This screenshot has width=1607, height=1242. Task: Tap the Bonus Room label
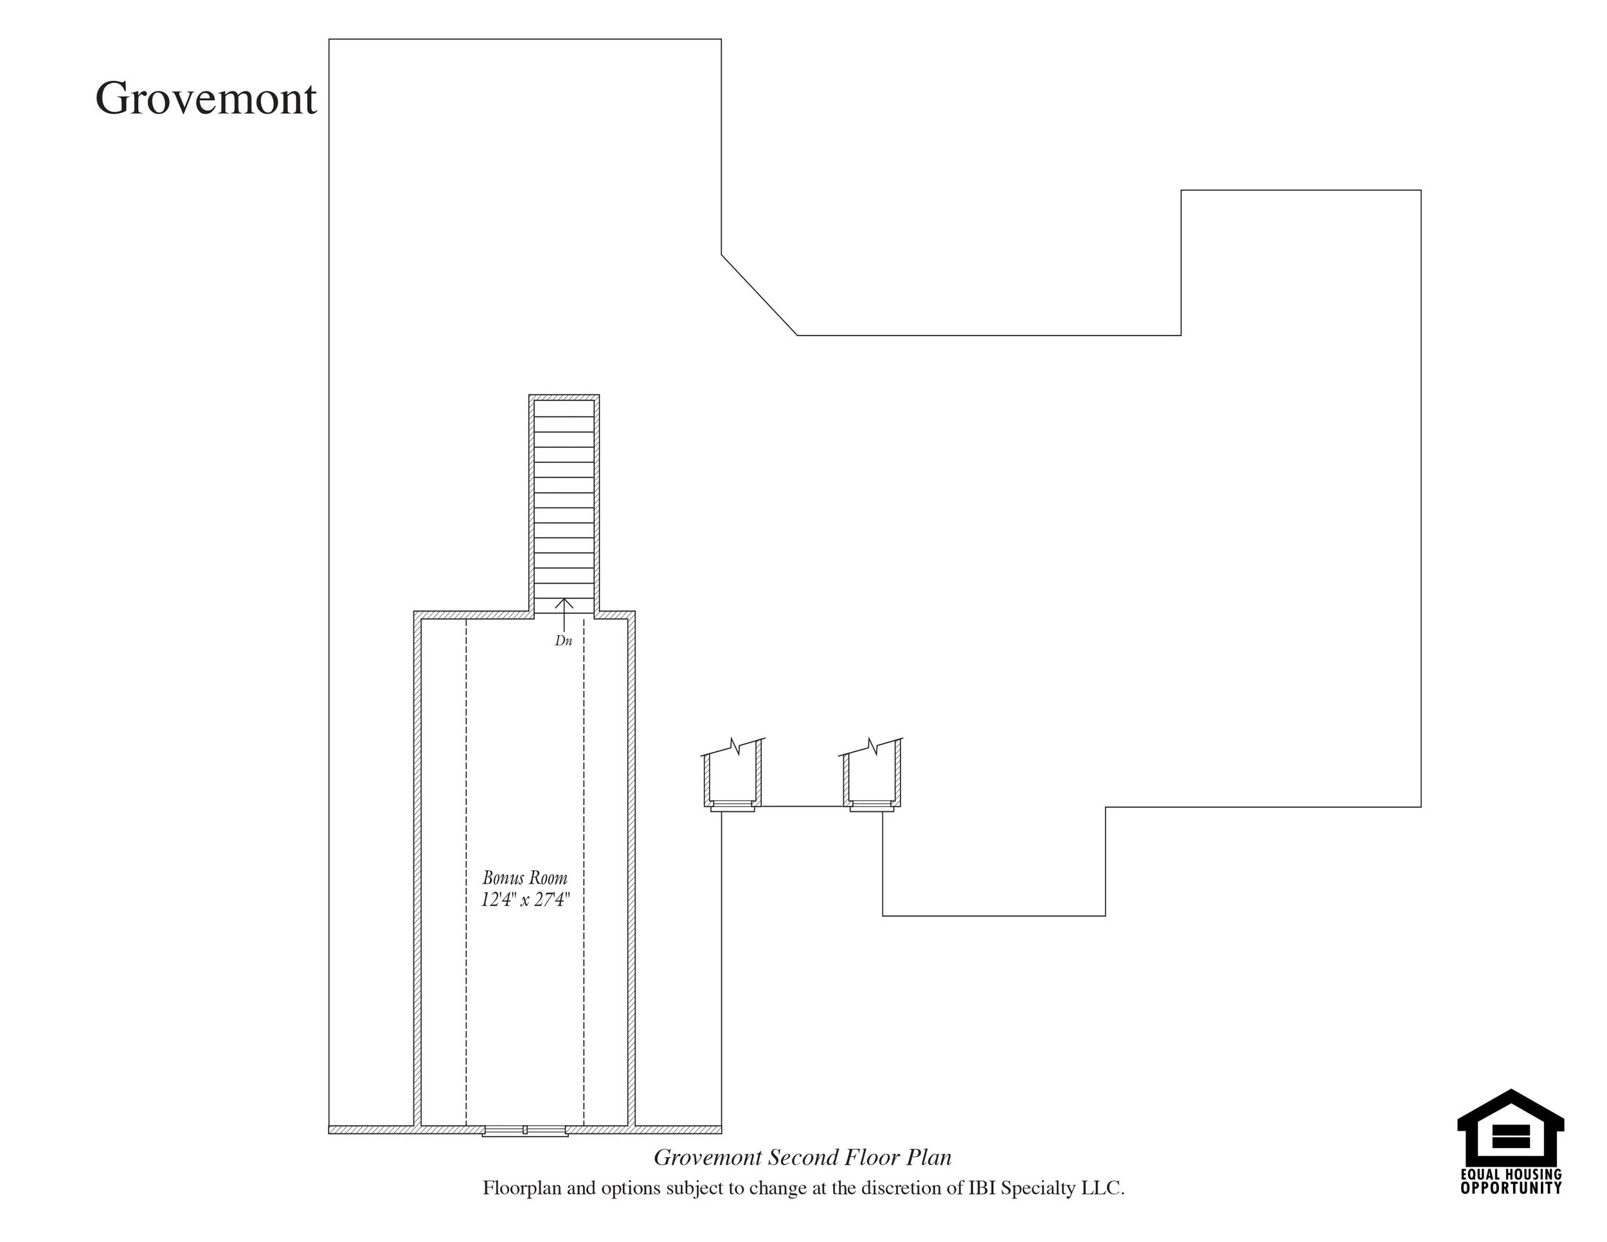525,878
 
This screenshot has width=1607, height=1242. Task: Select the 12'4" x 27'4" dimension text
525,900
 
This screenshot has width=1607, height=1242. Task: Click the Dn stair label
564,641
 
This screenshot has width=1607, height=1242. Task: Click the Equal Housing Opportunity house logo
1511,1137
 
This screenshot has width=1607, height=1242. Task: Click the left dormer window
732,805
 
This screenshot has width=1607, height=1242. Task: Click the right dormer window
872,805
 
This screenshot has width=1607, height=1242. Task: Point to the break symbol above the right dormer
873,746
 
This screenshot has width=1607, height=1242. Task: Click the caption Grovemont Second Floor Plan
803,1157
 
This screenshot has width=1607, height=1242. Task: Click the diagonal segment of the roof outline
759,295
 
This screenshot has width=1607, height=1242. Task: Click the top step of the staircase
564,408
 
